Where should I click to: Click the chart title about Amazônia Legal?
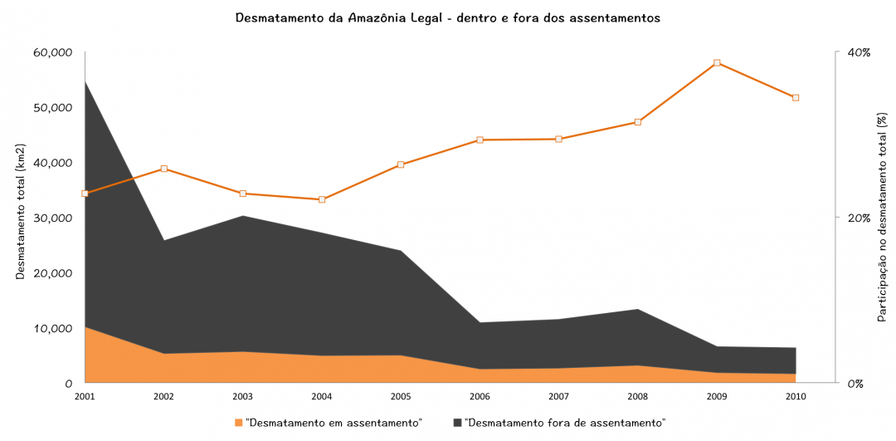[x=448, y=17]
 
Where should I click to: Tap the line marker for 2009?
[x=717, y=63]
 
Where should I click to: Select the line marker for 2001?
[x=85, y=194]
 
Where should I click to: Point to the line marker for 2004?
[x=322, y=199]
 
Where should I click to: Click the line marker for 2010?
[x=796, y=98]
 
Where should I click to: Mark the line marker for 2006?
[x=480, y=140]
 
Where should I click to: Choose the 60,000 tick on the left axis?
[x=52, y=52]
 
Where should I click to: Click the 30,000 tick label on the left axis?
[x=52, y=218]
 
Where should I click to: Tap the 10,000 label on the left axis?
[x=52, y=328]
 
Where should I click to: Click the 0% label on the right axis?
[x=855, y=384]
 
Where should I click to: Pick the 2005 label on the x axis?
[x=400, y=396]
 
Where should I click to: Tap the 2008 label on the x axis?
[x=637, y=396]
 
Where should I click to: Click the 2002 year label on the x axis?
[x=163, y=396]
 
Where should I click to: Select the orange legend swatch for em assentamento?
[x=239, y=423]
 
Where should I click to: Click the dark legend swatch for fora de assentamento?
[x=457, y=423]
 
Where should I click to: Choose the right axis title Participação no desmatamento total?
[x=882, y=218]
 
